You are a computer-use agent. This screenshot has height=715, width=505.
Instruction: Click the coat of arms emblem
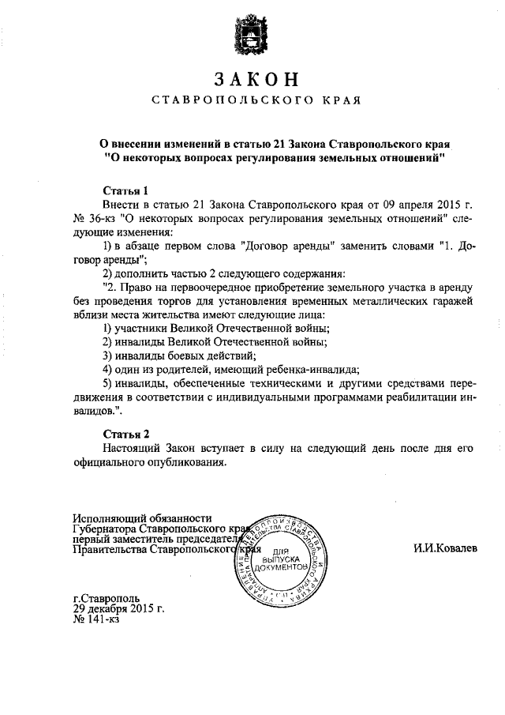click(x=252, y=34)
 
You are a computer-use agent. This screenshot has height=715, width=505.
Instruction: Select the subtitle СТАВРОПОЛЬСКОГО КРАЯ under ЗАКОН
click(x=256, y=101)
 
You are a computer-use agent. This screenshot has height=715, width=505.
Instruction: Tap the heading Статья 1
click(x=126, y=190)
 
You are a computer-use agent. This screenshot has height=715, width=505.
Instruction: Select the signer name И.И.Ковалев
click(x=445, y=548)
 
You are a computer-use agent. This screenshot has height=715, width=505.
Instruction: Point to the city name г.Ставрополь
click(x=106, y=598)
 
